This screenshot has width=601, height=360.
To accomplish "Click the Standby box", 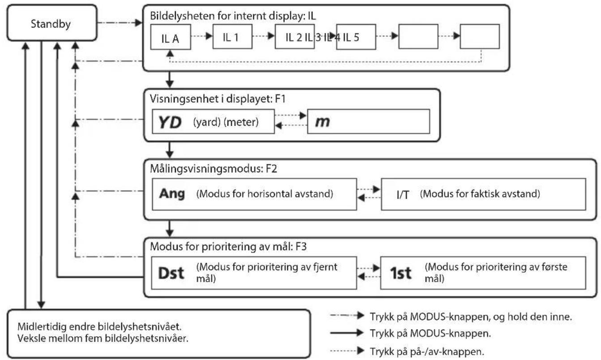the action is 52,23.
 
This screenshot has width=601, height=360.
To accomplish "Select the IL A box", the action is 170,37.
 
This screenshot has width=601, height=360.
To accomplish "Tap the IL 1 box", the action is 232,37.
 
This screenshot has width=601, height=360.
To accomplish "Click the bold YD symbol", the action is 170,122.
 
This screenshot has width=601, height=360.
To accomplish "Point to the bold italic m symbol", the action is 323,122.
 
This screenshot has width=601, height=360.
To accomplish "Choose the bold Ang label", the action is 172,194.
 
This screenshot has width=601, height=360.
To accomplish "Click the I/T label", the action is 403,195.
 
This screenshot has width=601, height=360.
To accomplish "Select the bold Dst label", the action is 171,273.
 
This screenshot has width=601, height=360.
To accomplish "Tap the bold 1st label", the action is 401,273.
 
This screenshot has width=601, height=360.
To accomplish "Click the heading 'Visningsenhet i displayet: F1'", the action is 217,99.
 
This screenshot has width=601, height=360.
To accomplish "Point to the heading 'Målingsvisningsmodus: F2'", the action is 213,169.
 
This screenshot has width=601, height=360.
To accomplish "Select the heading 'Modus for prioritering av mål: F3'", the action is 228,246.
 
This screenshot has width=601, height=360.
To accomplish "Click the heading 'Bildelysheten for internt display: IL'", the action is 233,16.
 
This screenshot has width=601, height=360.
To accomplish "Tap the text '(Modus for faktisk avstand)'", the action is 480,194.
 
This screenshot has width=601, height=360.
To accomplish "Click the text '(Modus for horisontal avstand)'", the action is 264,194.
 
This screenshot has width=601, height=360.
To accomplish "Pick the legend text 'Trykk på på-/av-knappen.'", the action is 427,351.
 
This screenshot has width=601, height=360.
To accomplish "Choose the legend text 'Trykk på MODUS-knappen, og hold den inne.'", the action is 471,317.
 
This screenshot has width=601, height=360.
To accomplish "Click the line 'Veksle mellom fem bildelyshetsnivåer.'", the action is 103,338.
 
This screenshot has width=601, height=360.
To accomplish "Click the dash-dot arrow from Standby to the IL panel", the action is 119,22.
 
